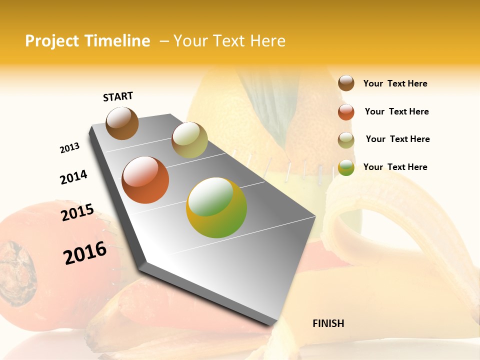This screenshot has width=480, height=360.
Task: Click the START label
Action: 118,96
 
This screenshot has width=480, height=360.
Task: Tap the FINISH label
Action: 328,323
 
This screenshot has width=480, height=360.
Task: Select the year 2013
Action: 69,148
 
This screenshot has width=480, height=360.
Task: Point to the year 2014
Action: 73,177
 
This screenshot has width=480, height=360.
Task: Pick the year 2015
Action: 77,212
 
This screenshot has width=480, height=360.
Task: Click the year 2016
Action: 85,253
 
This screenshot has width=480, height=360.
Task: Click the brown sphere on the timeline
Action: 122,123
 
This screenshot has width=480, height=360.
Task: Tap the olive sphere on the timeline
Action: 189,140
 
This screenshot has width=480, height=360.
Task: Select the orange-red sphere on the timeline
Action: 145,180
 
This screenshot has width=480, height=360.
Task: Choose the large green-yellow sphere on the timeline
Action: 216,207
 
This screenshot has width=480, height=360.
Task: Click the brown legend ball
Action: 346,83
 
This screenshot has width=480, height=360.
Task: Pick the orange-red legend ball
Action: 346,112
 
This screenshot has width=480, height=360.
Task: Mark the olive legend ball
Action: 346,140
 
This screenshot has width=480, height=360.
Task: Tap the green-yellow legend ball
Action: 346,167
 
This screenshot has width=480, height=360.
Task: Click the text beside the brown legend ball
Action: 395,83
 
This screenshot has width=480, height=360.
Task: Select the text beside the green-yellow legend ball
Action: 395,167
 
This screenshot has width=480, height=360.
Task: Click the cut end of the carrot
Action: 17,272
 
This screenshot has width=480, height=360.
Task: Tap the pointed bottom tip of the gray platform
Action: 272,324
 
